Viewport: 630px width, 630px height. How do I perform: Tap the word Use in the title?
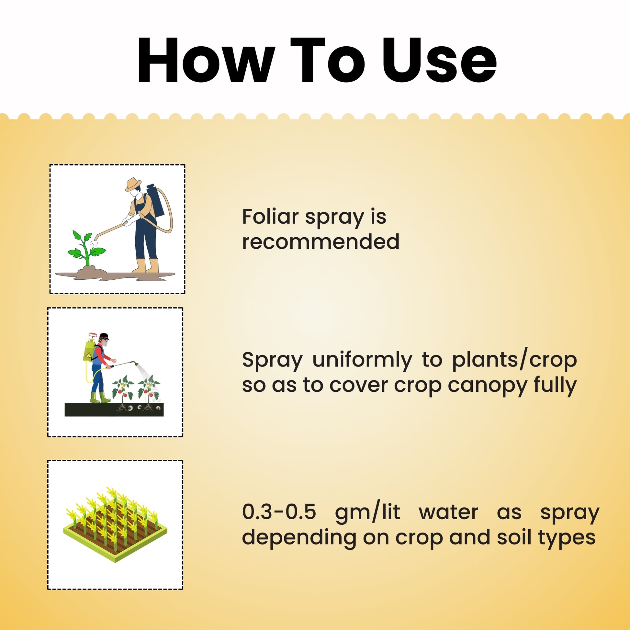(x=439, y=61)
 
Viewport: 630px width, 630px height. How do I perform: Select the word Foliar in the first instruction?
(x=270, y=217)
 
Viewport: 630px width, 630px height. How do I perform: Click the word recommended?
(x=321, y=242)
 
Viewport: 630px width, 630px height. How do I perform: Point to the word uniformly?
(x=362, y=360)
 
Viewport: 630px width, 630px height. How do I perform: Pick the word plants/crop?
(x=514, y=360)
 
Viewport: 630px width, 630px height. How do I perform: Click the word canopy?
(x=487, y=386)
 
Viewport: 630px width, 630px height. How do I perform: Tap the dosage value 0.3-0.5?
(x=279, y=512)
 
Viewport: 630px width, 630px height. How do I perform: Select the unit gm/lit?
(x=367, y=512)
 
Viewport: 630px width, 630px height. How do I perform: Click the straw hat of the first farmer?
(x=133, y=184)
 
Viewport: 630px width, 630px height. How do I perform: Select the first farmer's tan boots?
(x=146, y=266)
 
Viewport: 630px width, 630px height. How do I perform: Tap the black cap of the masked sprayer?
(x=104, y=336)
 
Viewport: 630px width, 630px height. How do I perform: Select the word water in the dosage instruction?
(x=448, y=512)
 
